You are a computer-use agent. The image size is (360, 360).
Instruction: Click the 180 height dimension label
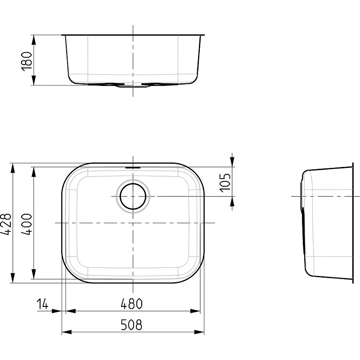point(27,61)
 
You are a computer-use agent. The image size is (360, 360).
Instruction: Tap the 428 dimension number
point(5,224)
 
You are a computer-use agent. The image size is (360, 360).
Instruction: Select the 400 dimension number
point(27,224)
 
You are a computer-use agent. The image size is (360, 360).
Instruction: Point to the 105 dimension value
point(225,183)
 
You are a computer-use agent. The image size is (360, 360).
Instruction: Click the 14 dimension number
point(43,304)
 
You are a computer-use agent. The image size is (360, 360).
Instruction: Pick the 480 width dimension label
point(131,303)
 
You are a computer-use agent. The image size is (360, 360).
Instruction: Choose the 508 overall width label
point(131,324)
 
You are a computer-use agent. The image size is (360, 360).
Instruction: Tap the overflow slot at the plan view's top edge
point(133,168)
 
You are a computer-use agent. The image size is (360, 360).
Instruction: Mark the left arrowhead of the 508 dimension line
point(67,332)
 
